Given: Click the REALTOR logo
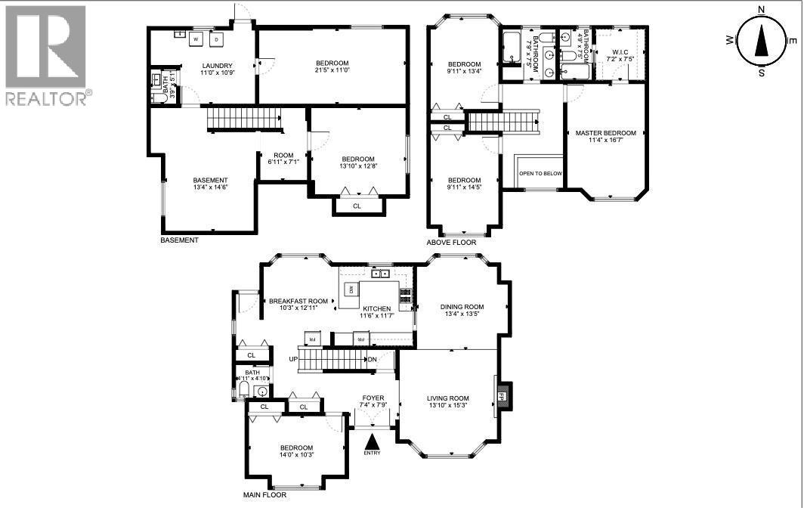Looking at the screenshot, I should pos(46,54).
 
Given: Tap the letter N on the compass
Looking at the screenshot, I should pos(762,10).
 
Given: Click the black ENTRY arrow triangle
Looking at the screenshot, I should pos(372,441).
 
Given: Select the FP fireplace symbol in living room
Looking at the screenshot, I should pos(502,395).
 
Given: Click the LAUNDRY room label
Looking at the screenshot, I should pos(217,66).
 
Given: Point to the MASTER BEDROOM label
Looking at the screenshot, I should pos(605,133).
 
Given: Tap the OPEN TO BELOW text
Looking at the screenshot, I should pos(540,173).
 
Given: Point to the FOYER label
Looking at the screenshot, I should pos(373,398).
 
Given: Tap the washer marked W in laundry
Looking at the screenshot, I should pos(196,39).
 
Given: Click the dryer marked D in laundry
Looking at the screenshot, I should pos(216,39).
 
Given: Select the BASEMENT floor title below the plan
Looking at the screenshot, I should pos(179,240).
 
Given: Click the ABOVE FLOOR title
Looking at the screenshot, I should pos(451,243).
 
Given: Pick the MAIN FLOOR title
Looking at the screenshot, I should pos(264,495).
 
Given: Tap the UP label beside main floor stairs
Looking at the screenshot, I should pos(292,359).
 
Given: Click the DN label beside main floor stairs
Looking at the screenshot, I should pos(372,359).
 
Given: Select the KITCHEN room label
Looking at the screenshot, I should pos(376,308).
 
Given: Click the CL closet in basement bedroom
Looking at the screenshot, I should pos(357,206).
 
